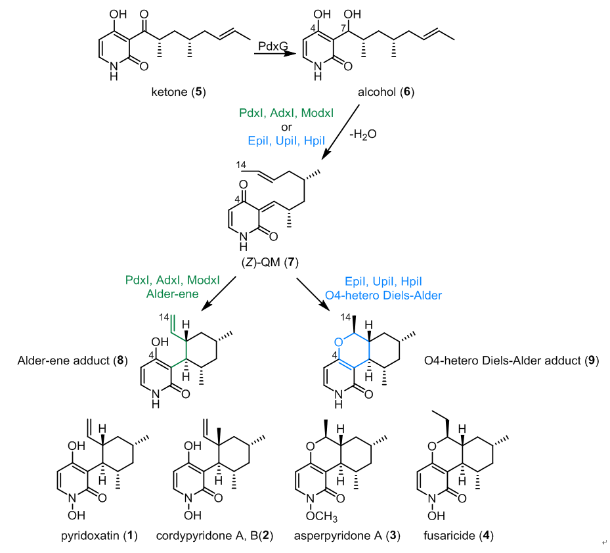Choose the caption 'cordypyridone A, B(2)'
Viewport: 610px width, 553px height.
pyautogui.click(x=213, y=535)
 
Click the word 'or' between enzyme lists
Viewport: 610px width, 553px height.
pyautogui.click(x=286, y=127)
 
